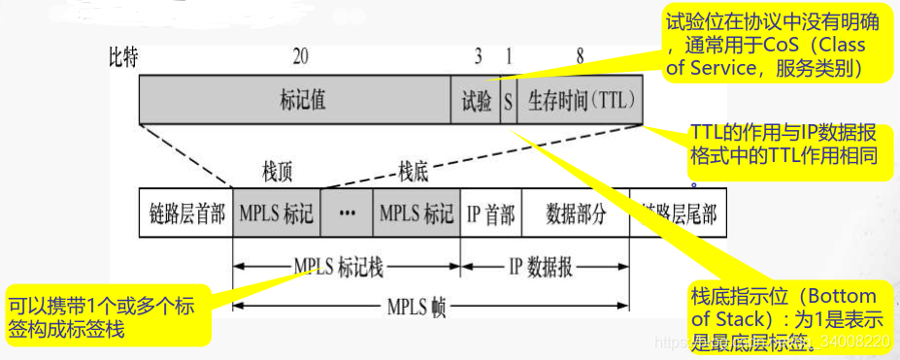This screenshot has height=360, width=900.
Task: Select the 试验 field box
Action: (x=476, y=100)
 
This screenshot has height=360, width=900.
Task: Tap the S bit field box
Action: (x=507, y=100)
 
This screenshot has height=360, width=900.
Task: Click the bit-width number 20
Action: (x=301, y=57)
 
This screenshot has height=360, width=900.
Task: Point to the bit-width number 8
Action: (x=580, y=57)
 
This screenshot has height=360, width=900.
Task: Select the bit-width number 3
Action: (x=478, y=57)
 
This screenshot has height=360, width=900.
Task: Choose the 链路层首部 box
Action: (x=187, y=214)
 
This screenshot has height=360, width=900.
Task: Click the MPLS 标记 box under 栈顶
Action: (x=277, y=214)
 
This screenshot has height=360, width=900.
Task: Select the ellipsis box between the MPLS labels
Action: (x=347, y=214)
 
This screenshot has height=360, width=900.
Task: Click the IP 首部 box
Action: (x=490, y=214)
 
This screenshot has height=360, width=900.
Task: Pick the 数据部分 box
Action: (x=576, y=214)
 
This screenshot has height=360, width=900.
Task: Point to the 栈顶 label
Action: (x=278, y=173)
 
